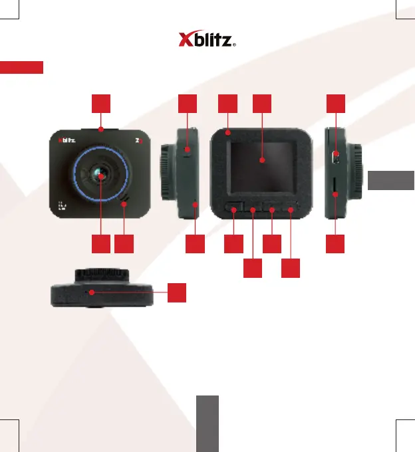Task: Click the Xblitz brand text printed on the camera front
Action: (x=67, y=140)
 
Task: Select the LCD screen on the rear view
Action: (x=261, y=160)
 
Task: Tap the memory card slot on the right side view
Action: (x=335, y=194)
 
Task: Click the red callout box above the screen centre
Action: (x=262, y=103)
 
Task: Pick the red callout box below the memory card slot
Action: (x=336, y=244)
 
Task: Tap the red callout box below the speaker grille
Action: (x=123, y=244)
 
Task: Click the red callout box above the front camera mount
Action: (x=100, y=103)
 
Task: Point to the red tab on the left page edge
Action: (x=21, y=67)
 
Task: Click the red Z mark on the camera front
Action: (x=138, y=140)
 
